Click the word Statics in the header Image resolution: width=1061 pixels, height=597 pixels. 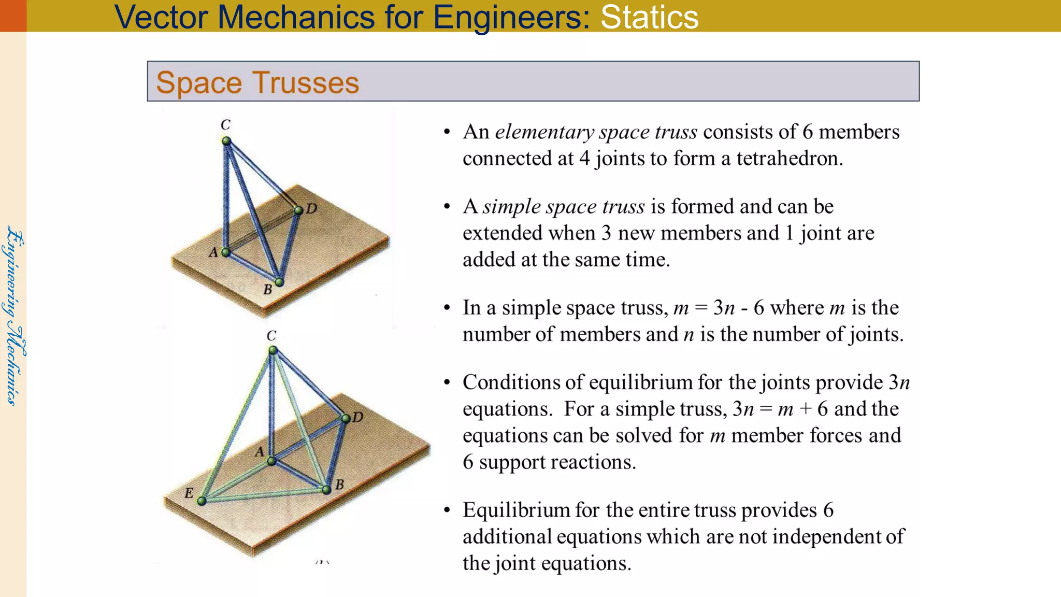click(649, 17)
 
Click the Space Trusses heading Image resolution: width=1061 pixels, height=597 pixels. click(257, 82)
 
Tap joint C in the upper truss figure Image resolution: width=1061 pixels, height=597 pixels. click(226, 141)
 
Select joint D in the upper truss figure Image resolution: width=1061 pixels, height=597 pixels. click(298, 210)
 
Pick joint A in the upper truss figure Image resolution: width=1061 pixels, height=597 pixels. click(225, 252)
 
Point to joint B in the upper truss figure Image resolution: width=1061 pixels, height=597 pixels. click(279, 282)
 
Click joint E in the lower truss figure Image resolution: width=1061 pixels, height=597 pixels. click(202, 501)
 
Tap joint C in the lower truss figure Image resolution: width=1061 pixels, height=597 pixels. click(273, 351)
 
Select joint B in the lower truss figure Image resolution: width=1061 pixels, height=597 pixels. click(326, 490)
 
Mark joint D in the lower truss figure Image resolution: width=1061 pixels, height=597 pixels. click(346, 418)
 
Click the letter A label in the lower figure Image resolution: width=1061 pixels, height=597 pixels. click(260, 452)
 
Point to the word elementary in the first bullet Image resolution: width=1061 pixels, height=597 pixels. click(544, 132)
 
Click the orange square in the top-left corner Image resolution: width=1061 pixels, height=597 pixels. click(13, 16)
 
